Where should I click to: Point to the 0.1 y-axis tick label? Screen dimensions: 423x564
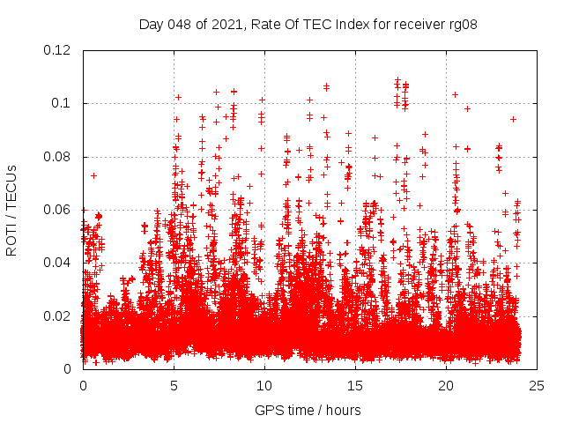[x=63, y=103]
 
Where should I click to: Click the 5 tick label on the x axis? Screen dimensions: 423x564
[x=174, y=385]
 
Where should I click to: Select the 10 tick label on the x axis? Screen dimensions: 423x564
[x=264, y=385]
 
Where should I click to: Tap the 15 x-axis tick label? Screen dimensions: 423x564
[x=355, y=385]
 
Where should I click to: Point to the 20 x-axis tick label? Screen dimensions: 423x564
[x=446, y=385]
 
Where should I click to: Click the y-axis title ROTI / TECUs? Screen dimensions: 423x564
[x=11, y=210]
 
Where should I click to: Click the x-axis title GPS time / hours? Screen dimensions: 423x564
[x=308, y=410]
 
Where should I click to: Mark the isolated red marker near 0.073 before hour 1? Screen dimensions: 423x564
[x=93, y=175]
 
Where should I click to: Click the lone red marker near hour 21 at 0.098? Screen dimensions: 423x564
[x=467, y=108]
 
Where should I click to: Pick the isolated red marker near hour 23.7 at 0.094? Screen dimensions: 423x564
[x=513, y=119]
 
